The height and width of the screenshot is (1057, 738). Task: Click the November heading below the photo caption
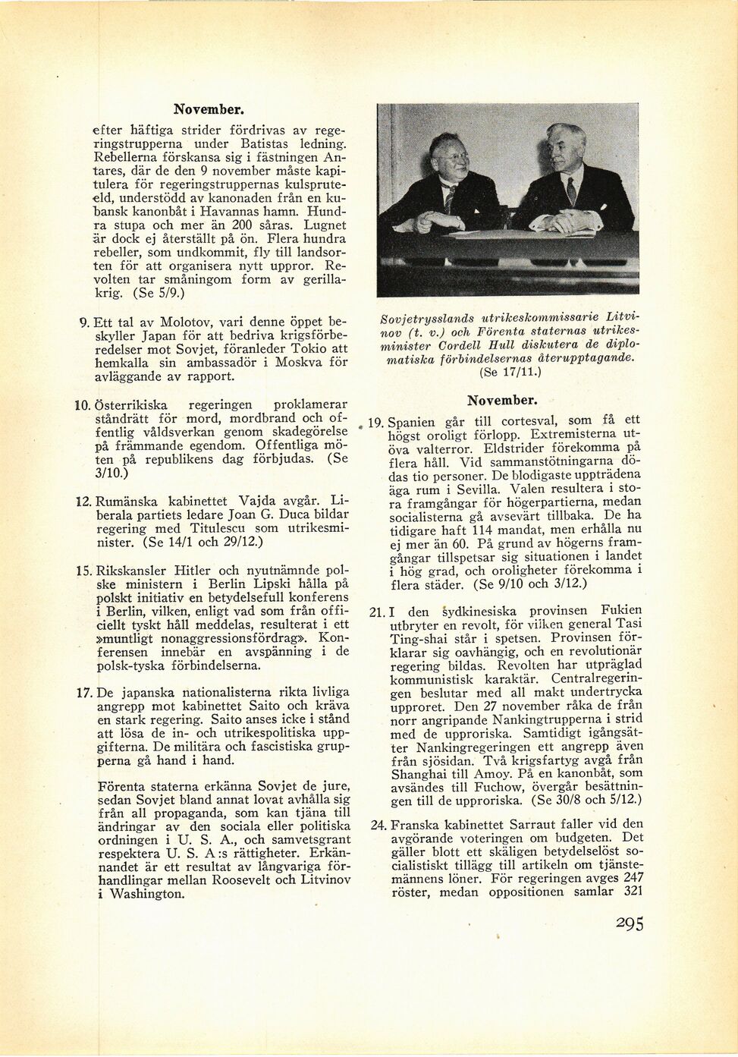tap(502, 399)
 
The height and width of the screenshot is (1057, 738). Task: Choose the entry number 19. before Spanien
tap(377, 421)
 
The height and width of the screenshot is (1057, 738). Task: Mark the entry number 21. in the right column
tap(377, 610)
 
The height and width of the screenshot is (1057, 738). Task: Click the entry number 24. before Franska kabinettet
tap(377, 824)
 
